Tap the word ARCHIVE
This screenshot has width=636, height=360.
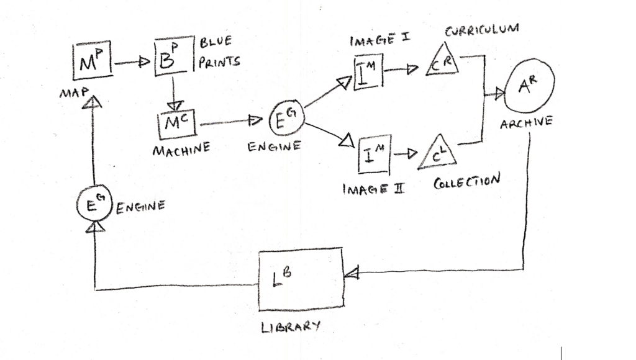click(x=526, y=122)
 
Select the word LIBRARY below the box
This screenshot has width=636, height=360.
click(x=291, y=326)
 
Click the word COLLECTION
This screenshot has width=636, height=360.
click(x=466, y=181)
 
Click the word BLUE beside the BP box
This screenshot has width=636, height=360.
click(x=216, y=42)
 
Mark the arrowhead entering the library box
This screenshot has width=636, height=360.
click(x=352, y=273)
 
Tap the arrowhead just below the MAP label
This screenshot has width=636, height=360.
click(x=92, y=102)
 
